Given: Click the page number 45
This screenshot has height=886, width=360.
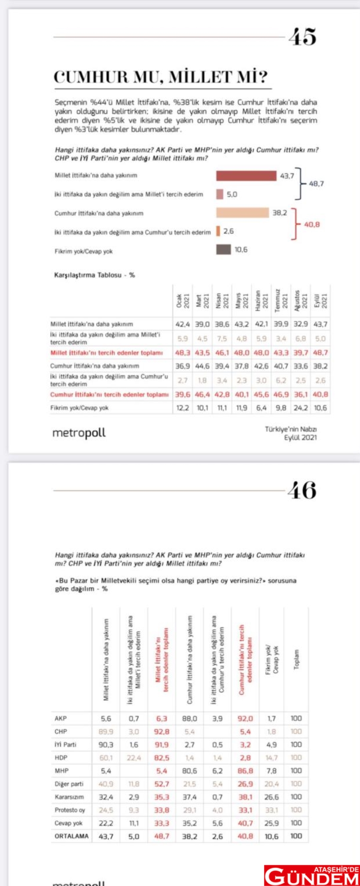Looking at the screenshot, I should coord(303,37).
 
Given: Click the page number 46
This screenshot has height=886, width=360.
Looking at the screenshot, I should coord(302,490).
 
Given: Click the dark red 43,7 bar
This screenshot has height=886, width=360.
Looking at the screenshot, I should coord(246,176).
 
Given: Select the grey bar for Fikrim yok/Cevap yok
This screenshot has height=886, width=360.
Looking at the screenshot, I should coord(224,250).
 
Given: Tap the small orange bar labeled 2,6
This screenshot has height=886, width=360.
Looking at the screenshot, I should coord(218,231).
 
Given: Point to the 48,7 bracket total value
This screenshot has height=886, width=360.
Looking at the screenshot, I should coord(316,184).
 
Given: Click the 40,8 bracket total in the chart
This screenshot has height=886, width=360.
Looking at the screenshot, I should coord(312,224).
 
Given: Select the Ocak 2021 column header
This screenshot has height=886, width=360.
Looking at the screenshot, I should coord(182,301).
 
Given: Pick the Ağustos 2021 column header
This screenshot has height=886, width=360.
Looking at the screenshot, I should coord(300,301).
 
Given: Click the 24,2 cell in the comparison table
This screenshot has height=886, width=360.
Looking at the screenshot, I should coord(300,408).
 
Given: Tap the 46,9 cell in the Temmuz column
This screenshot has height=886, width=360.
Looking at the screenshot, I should coord(281,394).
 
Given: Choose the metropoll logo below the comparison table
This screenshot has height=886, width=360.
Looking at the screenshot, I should coord(79,433).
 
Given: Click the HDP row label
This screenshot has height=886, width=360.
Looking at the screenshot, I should coord(61,758).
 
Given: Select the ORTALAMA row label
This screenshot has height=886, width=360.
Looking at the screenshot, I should coord(72,836).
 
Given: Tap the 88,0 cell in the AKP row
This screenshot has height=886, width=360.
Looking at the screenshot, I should coord(190,718).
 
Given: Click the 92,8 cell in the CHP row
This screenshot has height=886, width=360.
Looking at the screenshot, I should coord(162,732).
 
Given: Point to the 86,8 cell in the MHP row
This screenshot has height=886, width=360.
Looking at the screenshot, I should coord(245,770).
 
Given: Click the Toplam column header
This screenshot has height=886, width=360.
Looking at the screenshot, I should coord(296,660).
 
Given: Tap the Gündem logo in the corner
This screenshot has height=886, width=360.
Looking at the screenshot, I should coord(312,875).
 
